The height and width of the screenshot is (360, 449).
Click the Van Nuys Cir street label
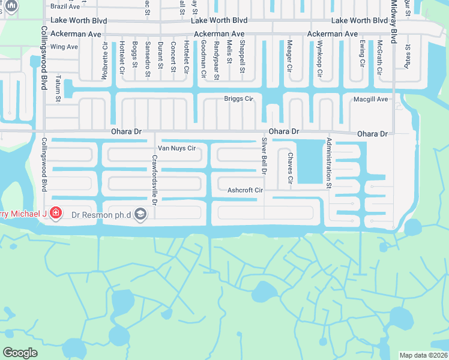(176, 148)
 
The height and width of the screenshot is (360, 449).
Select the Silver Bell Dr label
(264, 157)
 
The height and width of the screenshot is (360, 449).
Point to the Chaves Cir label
(290, 168)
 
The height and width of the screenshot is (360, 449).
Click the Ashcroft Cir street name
(246, 190)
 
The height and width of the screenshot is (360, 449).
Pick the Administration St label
(329, 164)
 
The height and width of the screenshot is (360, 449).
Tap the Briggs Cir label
(239, 98)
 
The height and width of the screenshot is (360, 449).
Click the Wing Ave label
(65, 47)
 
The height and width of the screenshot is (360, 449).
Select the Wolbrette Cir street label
(105, 60)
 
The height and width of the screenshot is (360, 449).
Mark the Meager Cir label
(289, 56)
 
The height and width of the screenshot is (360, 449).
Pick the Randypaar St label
(216, 60)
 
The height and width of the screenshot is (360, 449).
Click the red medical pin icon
(56, 213)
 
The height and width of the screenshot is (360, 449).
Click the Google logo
(20, 353)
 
